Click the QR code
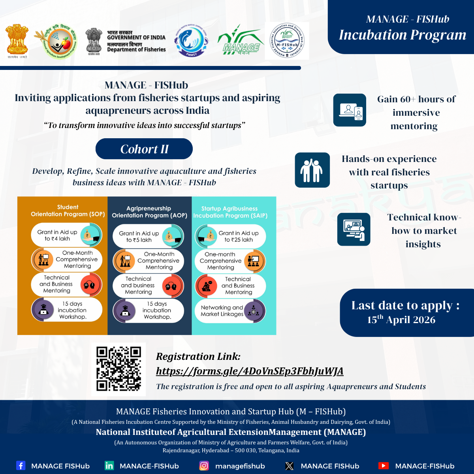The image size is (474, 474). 118,369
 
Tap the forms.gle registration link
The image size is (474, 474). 250,371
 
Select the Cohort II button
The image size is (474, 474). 144,149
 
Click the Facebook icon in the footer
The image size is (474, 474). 21,466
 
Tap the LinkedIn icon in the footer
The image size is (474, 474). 109,466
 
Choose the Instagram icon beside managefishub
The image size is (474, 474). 204,466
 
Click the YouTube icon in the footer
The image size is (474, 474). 383,466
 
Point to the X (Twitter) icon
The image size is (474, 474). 290,466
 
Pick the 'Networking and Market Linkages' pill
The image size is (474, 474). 230,311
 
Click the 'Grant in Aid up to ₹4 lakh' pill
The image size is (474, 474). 67,235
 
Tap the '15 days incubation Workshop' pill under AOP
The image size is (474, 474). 149,310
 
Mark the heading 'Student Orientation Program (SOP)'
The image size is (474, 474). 68,211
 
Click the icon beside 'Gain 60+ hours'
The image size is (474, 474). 350,110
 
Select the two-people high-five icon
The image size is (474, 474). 312,170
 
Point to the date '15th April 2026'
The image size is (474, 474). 401,320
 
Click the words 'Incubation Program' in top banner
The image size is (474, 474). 403,35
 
